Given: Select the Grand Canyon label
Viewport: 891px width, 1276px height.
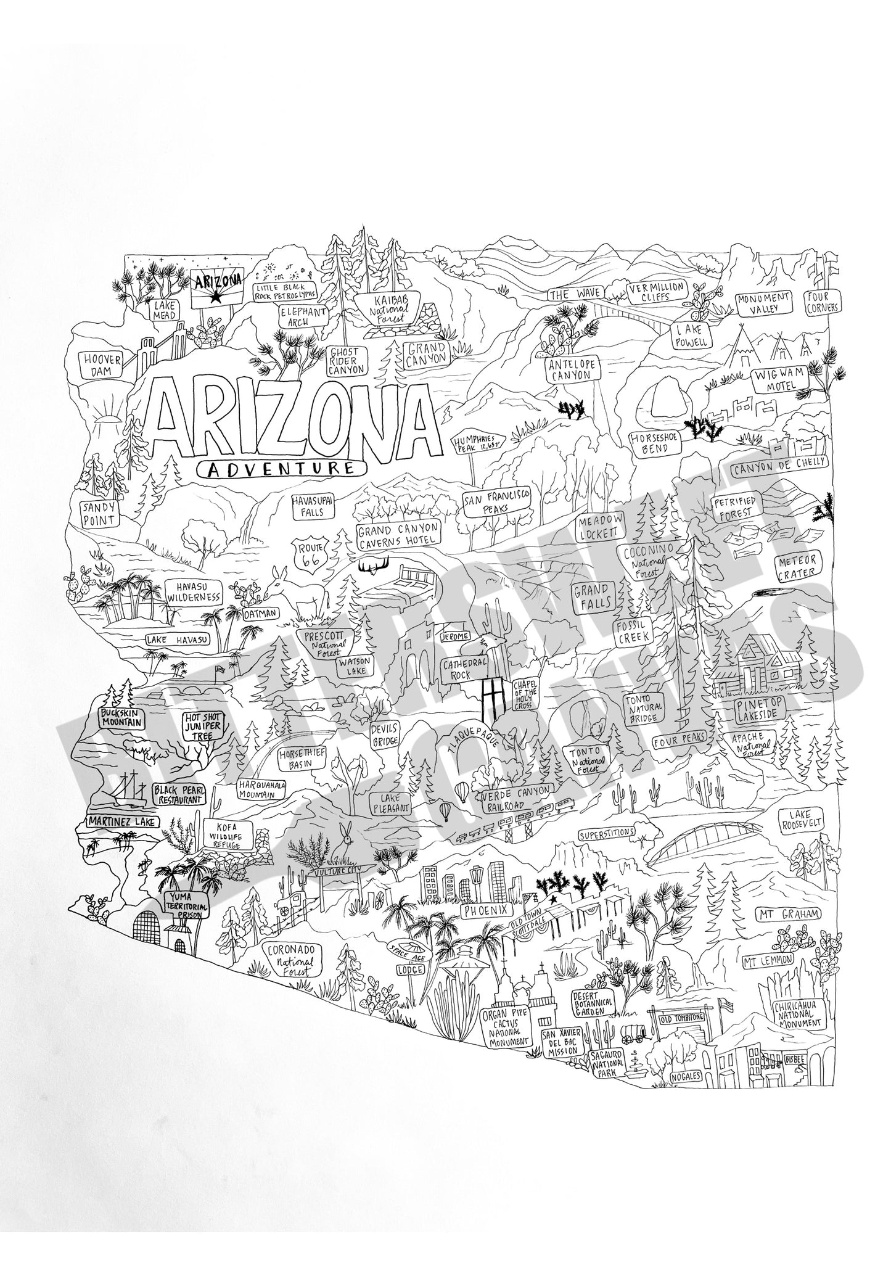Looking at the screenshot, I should pos(426,355).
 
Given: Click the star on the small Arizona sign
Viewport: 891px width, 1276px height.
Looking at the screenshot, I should pos(215,298).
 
